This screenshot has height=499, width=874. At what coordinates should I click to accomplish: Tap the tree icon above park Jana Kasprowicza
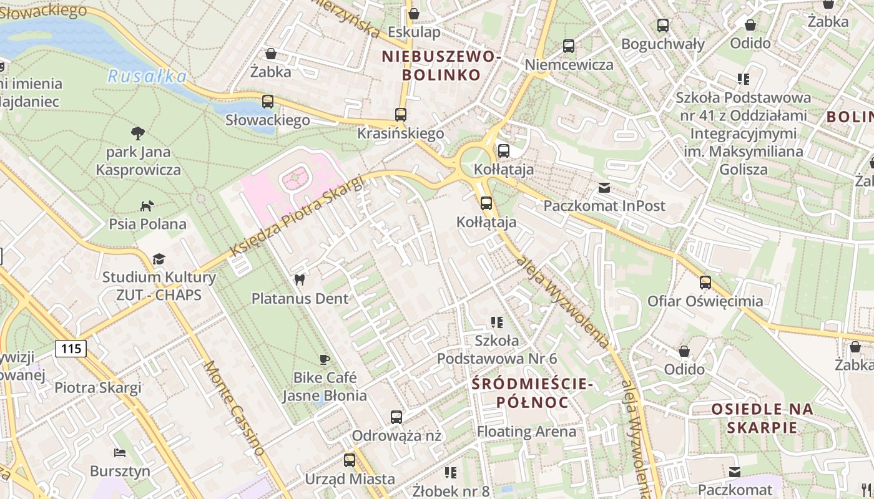pyautogui.click(x=138, y=133)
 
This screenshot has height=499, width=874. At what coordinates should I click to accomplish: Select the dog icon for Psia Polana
pyautogui.click(x=147, y=205)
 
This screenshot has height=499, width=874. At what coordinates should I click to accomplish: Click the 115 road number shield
pyautogui.click(x=71, y=348)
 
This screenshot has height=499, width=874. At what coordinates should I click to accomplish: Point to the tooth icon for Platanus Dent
pyautogui.click(x=300, y=280)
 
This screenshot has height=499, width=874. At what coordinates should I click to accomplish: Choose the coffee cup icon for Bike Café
pyautogui.click(x=324, y=359)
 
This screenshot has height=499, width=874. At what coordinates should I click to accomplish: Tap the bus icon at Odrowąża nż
pyautogui.click(x=396, y=417)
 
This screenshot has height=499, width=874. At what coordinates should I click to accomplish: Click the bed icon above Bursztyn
pyautogui.click(x=120, y=452)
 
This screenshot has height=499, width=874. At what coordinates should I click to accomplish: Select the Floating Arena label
pyautogui.click(x=526, y=431)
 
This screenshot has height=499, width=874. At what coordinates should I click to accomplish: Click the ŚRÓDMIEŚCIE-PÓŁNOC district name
pyautogui.click(x=532, y=392)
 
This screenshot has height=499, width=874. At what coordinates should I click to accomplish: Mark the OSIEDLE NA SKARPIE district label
pyautogui.click(x=762, y=418)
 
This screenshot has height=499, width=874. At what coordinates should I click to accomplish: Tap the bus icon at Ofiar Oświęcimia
pyautogui.click(x=705, y=283)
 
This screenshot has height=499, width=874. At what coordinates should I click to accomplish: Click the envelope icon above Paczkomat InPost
pyautogui.click(x=604, y=187)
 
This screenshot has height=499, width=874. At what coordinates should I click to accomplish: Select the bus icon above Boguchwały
pyautogui.click(x=663, y=26)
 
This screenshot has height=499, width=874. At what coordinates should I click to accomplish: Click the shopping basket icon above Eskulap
pyautogui.click(x=413, y=14)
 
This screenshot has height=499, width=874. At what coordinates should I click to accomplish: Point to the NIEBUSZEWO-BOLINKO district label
pyautogui.click(x=441, y=65)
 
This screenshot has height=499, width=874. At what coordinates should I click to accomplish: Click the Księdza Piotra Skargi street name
pyautogui.click(x=297, y=216)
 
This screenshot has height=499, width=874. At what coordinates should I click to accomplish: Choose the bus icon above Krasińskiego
pyautogui.click(x=401, y=115)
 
